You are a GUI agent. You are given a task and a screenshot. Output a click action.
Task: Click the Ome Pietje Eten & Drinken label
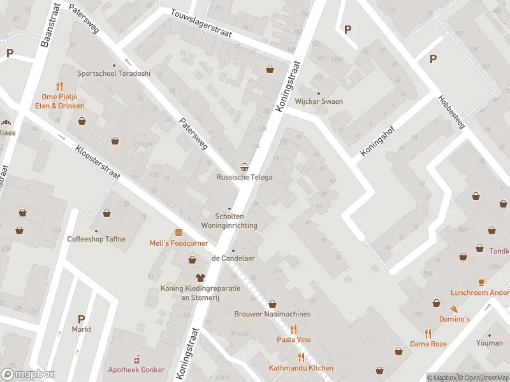59,101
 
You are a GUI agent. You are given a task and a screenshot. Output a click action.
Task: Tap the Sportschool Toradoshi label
113,73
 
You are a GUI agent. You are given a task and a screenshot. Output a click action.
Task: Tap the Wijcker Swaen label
319,102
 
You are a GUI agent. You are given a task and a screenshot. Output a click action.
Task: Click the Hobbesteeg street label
452,112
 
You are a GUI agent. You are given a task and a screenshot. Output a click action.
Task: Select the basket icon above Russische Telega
244,166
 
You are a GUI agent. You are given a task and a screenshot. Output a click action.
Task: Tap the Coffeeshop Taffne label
96,239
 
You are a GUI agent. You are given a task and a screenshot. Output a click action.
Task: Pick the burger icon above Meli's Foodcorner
178,232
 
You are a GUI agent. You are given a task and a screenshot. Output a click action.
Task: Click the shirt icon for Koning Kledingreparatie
200,278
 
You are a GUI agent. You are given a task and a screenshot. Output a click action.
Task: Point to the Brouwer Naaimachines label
272,314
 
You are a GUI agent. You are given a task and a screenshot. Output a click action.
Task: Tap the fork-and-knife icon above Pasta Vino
294,329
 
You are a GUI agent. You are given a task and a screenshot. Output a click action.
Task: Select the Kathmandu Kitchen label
301,369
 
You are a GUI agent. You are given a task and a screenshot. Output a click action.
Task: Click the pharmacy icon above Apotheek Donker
135,360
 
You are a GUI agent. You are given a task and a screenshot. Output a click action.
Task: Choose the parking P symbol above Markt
81,319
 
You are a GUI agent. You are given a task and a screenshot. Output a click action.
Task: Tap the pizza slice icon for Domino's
453,309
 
